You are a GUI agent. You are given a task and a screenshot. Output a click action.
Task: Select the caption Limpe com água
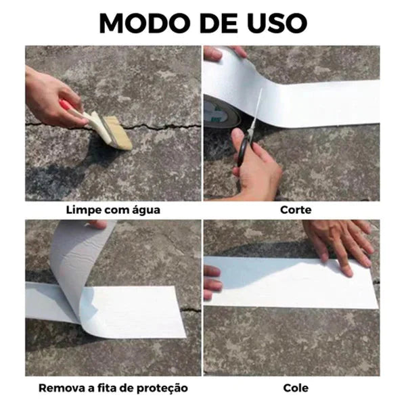(113, 210)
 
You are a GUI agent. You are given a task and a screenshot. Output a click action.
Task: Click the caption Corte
(296, 210)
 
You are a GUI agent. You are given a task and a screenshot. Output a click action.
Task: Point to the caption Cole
(296, 388)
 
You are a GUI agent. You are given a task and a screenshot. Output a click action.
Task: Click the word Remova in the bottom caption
(58, 388)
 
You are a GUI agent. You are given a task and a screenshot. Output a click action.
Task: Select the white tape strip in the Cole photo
(284, 281)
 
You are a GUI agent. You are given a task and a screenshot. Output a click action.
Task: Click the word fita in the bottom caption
(107, 388)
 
